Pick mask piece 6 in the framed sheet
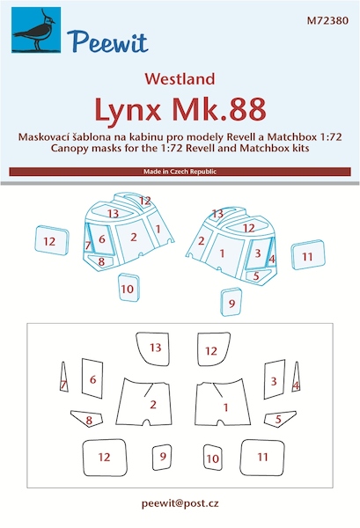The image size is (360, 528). (89, 381)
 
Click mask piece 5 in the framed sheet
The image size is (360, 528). (276, 420)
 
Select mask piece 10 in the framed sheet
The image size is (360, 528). (212, 458)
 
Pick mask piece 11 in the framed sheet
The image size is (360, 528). (262, 458)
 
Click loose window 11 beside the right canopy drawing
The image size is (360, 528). (307, 256)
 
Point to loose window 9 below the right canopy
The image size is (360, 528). (231, 302)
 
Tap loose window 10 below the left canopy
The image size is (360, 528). (129, 288)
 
